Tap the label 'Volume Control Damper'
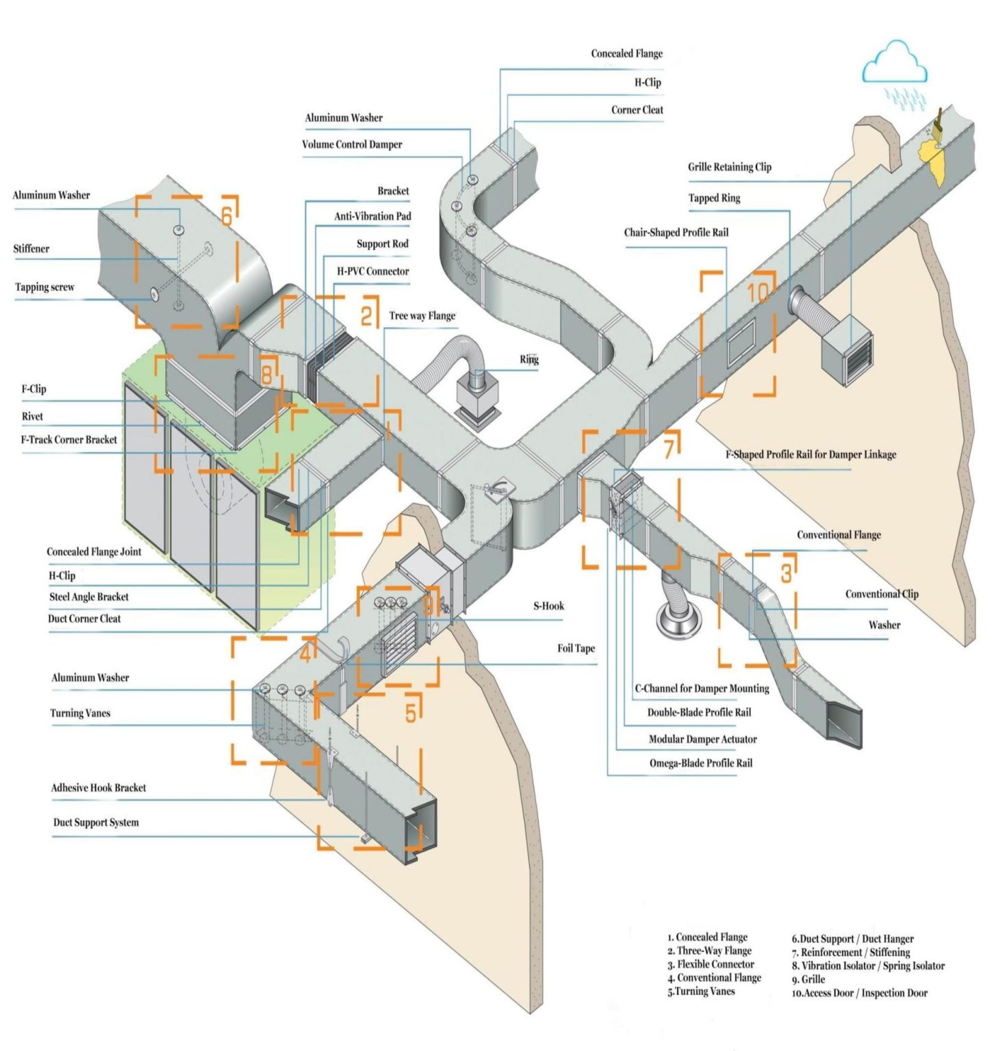(352, 144)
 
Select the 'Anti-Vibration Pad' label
(372, 216)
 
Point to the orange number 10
(757, 293)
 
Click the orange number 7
(669, 448)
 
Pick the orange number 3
(786, 573)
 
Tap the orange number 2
(367, 316)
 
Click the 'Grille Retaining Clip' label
(729, 167)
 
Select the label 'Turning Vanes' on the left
(80, 713)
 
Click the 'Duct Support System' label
(96, 822)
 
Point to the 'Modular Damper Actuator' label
(702, 739)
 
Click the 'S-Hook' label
(548, 606)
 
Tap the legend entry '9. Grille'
(808, 979)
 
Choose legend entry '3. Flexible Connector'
(711, 964)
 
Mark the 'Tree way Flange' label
(422, 315)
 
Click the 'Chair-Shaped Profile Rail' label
(676, 233)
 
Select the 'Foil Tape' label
(576, 648)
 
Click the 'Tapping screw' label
(44, 287)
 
